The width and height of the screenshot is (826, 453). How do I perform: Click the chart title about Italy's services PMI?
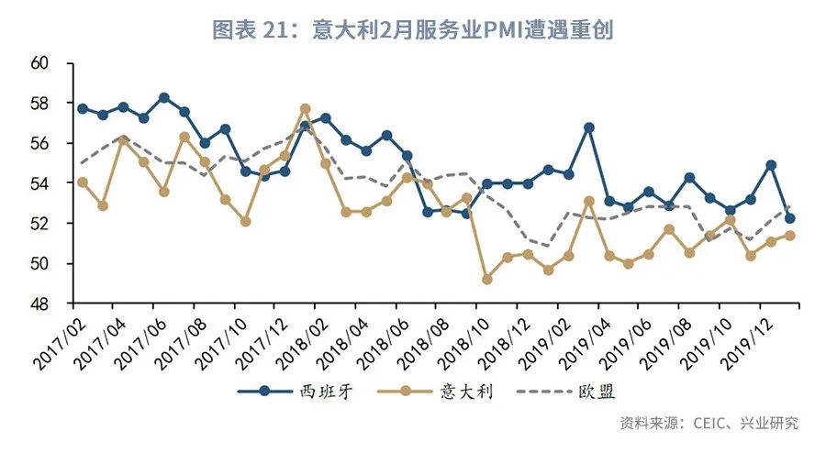[413, 29]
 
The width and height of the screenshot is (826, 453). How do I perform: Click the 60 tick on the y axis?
[39, 64]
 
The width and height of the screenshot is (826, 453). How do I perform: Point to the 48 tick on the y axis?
[39, 304]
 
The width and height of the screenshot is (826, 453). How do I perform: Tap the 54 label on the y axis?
[39, 183]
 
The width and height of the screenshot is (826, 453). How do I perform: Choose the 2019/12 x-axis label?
[742, 334]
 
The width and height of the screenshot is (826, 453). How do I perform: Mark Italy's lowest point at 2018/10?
[487, 279]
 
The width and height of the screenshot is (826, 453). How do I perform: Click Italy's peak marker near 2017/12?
[306, 109]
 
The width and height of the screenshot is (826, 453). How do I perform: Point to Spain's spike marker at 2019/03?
[589, 127]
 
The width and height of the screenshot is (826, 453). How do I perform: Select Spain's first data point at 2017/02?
[83, 108]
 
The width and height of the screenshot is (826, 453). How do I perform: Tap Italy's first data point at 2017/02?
[83, 182]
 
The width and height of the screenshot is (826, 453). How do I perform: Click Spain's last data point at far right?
[790, 218]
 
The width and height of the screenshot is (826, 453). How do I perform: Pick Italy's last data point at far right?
[790, 236]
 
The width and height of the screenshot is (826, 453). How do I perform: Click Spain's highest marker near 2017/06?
[163, 97]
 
